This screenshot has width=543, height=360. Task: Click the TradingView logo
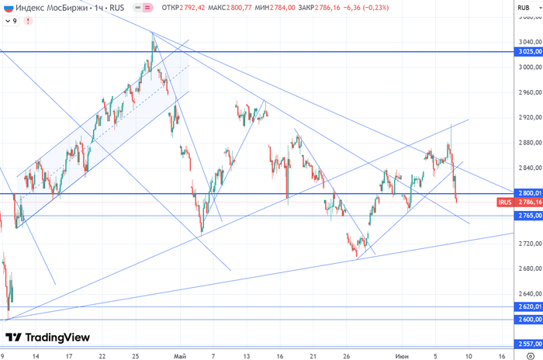47,337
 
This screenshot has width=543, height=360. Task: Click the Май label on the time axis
181,355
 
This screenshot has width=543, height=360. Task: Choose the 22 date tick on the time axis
102,355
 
